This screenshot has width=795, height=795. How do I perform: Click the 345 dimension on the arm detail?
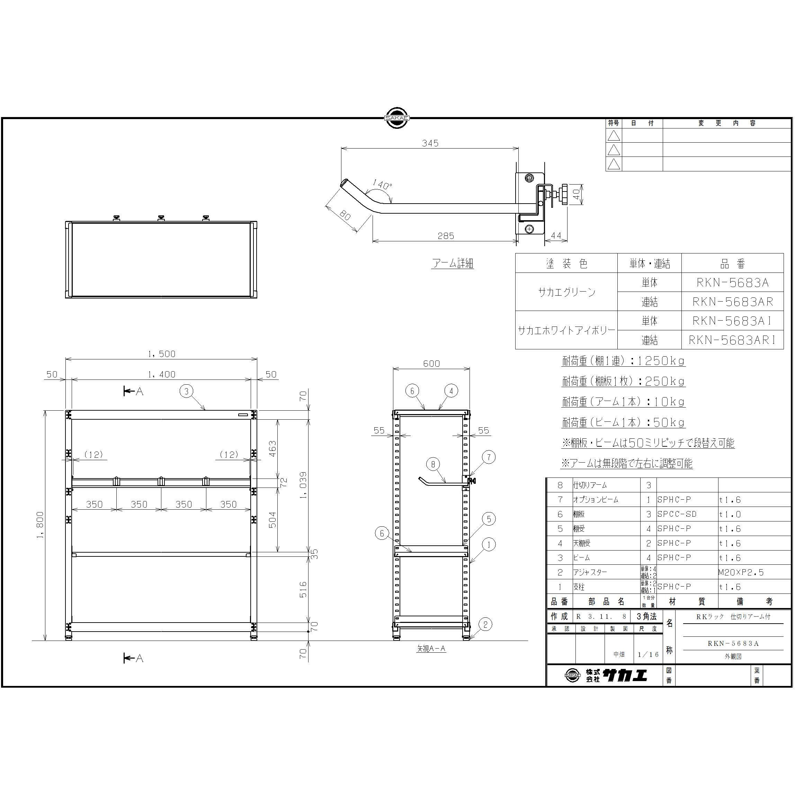[430, 143]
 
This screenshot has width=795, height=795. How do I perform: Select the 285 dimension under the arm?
[446, 236]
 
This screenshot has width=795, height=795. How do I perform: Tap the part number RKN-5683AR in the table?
[732, 302]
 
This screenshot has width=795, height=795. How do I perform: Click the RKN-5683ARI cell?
[732, 340]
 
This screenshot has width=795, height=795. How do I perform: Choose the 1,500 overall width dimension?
[161, 354]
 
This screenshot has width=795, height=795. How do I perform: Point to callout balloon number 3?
[186, 391]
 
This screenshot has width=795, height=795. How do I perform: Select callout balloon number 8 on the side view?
[433, 464]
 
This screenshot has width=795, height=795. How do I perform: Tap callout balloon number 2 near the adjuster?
[485, 624]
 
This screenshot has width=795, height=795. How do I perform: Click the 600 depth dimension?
[431, 363]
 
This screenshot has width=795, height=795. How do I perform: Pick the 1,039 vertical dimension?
[303, 485]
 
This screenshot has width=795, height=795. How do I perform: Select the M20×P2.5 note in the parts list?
[741, 572]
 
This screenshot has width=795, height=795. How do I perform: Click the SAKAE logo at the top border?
[397, 118]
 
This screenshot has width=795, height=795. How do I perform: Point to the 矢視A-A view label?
[431, 649]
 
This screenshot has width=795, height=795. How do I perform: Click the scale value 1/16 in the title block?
[649, 654]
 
